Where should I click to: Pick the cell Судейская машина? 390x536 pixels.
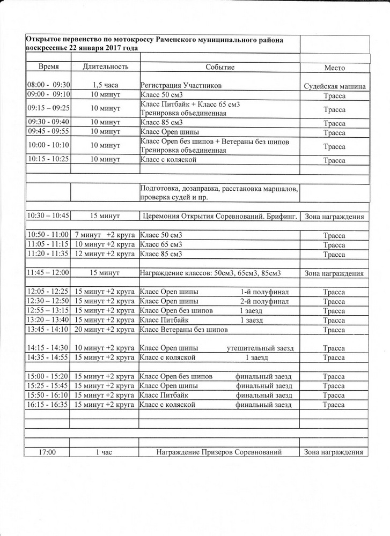[x=334, y=86]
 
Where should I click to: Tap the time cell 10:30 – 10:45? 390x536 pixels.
[x=48, y=216]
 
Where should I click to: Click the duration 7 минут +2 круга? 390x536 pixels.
[x=105, y=235]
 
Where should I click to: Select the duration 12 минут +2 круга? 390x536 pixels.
[x=105, y=254]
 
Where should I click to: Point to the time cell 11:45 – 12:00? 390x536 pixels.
[x=48, y=273]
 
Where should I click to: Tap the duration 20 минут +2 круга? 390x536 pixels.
[x=105, y=329]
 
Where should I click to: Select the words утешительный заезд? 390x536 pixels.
[x=261, y=347]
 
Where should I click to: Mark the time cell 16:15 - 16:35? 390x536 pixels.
[x=48, y=404]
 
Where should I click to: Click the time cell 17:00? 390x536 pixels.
[x=48, y=452]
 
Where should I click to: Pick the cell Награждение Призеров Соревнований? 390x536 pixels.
[x=219, y=452]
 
